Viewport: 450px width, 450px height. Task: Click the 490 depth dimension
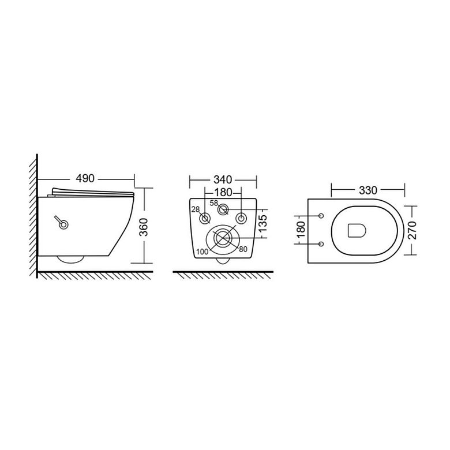[85, 178]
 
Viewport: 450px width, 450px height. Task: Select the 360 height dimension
[144, 227]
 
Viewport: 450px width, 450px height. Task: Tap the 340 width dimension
[223, 179]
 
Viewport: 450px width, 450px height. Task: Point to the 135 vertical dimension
[262, 223]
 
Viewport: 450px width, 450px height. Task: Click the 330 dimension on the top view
[368, 190]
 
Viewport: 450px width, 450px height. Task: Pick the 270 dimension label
[412, 230]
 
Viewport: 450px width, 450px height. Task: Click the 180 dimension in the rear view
[223, 192]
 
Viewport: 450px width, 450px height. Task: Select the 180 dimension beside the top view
[301, 230]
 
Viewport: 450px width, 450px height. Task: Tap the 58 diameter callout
[214, 203]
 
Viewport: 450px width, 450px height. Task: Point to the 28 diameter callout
[196, 209]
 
